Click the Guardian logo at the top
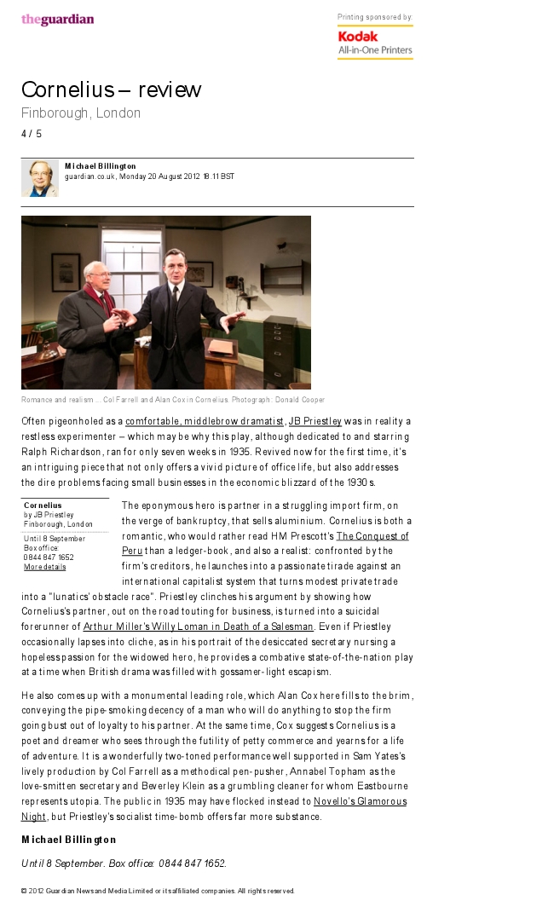(57, 20)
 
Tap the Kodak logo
(357, 37)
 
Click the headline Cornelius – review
(111, 90)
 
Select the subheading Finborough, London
(81, 113)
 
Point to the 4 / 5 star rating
(32, 134)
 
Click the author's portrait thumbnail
(39, 178)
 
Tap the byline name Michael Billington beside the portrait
(101, 166)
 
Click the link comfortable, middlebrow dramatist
(205, 421)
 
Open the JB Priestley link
(315, 421)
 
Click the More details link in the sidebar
(44, 567)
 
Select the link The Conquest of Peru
(372, 536)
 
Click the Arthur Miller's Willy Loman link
(198, 627)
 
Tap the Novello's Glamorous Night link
(359, 801)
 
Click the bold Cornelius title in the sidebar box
(43, 505)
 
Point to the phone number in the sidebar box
(49, 557)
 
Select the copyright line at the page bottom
(158, 891)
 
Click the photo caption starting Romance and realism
(172, 400)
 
